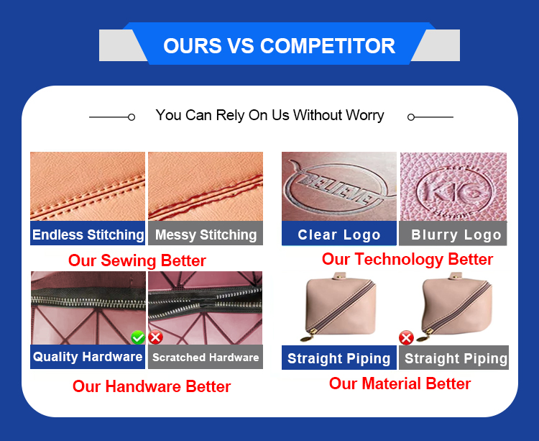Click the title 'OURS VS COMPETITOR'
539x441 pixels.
(279, 46)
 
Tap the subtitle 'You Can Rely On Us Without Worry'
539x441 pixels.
(269, 115)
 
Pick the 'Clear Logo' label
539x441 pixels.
(339, 234)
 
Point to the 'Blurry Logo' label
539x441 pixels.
(453, 234)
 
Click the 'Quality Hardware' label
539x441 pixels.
(88, 357)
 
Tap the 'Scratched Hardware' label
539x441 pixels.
(206, 357)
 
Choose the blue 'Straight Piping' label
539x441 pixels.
(339, 358)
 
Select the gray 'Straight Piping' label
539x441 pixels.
(453, 358)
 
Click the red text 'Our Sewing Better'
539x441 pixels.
(137, 260)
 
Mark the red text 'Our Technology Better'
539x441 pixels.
(407, 260)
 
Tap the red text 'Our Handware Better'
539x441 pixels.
(152, 386)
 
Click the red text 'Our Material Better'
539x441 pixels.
(400, 383)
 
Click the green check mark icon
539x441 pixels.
(138, 337)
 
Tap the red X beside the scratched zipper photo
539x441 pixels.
(156, 337)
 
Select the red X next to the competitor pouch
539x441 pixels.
(406, 338)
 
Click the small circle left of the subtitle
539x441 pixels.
(132, 117)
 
